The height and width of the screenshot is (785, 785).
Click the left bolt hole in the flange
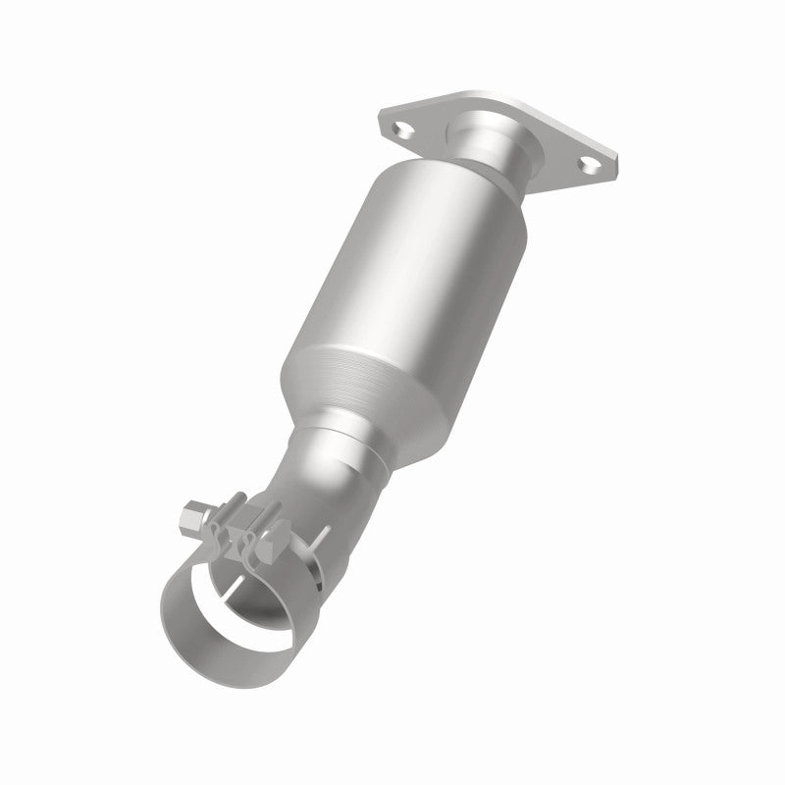[x=399, y=128]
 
